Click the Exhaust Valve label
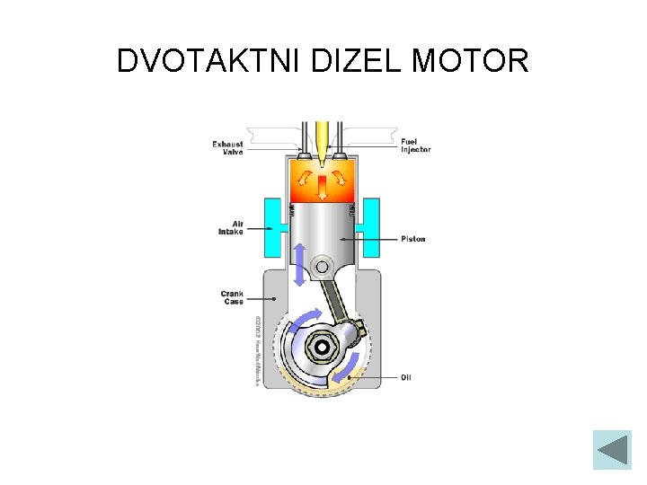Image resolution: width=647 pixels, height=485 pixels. point(228,147)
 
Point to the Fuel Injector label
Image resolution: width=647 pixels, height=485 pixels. point(415,145)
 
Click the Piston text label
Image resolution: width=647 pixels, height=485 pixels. point(413,239)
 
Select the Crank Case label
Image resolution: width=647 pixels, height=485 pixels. point(232,297)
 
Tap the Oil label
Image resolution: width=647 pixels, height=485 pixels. point(406,377)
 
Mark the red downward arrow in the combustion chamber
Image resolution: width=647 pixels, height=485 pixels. point(323,187)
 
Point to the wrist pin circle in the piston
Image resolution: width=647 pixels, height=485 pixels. point(322,266)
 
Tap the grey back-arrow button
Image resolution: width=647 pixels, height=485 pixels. point(613,449)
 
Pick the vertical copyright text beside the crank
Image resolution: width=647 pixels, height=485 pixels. point(258,350)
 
